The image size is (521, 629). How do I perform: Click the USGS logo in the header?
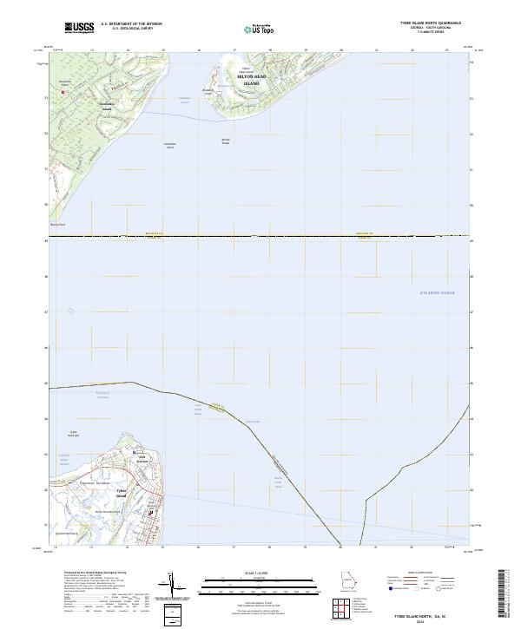click(x=80, y=28)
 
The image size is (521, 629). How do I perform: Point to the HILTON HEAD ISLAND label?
click(x=254, y=80)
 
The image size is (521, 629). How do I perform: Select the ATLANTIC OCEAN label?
click(x=437, y=293)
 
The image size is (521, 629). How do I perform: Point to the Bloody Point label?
click(x=58, y=223)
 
